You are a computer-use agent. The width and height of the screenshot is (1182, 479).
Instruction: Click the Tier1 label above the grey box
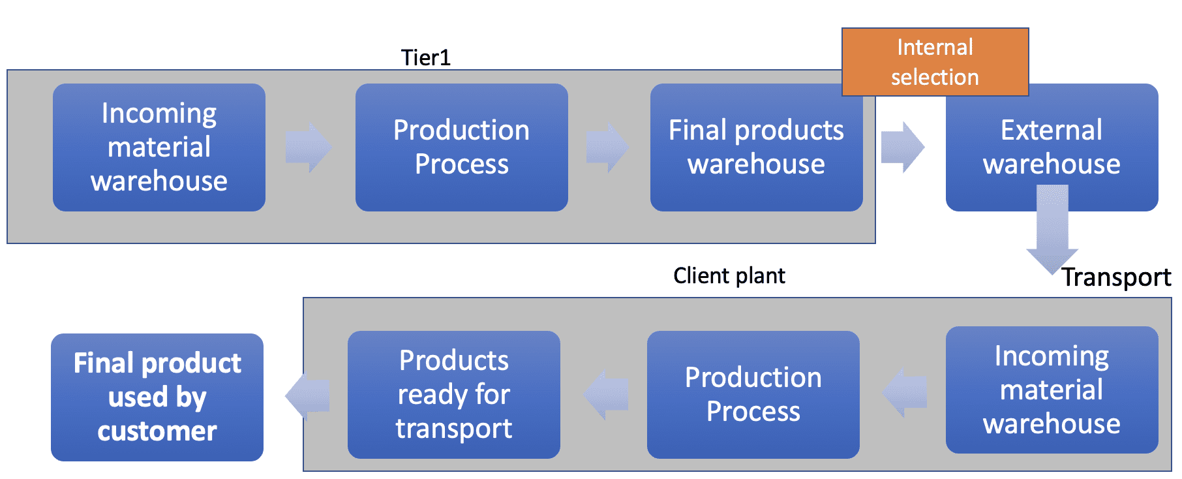[425, 57]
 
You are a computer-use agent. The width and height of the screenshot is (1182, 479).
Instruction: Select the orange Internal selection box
[935, 62]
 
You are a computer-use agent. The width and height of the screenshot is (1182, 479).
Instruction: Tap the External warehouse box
[1052, 147]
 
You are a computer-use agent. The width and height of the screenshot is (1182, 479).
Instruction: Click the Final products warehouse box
[756, 147]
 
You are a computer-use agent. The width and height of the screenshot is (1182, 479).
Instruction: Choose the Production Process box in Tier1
[461, 147]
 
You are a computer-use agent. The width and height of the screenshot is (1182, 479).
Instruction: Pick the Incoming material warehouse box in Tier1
[159, 147]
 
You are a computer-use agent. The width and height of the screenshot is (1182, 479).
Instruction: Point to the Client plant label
[729, 275]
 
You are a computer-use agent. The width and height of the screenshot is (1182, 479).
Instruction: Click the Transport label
[1116, 277]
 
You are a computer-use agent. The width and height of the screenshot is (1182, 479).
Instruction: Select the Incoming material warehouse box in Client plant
[1052, 390]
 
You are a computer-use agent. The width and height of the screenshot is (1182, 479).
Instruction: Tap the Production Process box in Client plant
[753, 394]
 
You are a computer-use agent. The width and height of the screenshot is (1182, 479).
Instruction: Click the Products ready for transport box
[454, 394]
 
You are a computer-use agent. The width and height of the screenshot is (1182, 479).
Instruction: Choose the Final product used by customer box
[157, 397]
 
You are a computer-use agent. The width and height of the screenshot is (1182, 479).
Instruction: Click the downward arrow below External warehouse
[1052, 228]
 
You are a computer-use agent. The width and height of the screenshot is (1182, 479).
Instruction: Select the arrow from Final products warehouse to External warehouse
[903, 147]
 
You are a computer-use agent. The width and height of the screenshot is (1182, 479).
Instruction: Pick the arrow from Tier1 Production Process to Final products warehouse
[607, 147]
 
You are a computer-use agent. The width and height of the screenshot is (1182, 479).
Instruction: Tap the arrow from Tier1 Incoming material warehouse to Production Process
[309, 147]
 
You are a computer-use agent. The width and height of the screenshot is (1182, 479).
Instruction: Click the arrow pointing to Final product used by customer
[307, 395]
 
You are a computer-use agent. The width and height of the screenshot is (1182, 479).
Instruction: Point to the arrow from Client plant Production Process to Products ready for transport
[605, 394]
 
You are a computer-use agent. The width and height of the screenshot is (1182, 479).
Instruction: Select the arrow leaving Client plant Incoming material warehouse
[904, 392]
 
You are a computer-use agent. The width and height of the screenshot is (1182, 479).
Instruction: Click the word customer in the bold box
[157, 431]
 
